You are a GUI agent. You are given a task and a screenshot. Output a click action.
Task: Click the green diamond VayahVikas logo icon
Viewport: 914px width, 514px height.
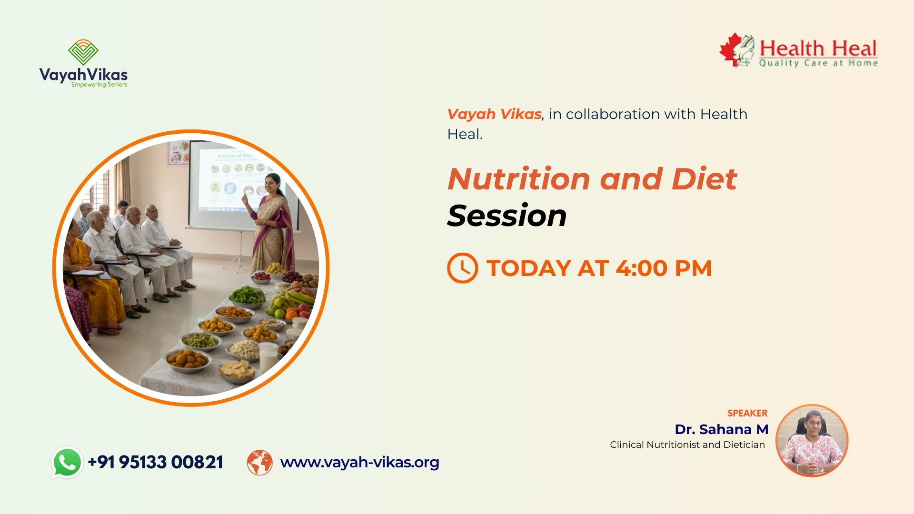pos(83,52)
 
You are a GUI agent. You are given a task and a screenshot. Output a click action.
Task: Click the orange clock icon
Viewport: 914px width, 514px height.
pos(462,268)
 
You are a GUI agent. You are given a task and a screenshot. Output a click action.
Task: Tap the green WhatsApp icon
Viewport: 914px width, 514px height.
pos(67,462)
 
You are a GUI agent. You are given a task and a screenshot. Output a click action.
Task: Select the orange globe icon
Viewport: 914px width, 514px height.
pos(260,463)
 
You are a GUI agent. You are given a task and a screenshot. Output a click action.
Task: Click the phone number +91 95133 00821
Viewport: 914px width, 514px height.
pos(156,462)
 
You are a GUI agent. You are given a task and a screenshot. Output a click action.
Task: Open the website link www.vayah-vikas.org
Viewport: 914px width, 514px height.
pos(360,462)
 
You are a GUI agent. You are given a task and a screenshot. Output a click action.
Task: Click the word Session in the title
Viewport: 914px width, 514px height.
pos(507,216)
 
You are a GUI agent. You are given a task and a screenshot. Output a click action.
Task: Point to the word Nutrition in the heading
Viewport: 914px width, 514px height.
pos(519,179)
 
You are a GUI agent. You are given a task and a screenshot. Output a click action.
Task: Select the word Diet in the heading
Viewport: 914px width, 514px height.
pos(705,179)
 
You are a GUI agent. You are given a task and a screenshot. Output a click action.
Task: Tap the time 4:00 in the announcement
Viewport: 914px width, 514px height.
pos(642,268)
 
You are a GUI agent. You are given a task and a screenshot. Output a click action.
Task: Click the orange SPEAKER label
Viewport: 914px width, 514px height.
pos(747,413)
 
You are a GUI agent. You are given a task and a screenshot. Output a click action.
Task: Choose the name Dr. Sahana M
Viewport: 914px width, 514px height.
pos(722,429)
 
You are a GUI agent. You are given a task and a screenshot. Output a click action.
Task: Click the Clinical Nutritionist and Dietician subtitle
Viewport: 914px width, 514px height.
pos(687,445)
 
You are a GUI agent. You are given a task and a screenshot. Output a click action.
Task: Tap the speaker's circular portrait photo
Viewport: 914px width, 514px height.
pos(812,440)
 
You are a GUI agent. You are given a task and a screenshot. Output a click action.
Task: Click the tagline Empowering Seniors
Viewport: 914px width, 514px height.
pos(99,85)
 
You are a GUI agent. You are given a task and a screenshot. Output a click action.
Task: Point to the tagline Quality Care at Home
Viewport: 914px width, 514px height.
pos(818,63)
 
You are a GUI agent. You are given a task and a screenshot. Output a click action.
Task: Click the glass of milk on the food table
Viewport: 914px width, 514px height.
pos(268,357)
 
